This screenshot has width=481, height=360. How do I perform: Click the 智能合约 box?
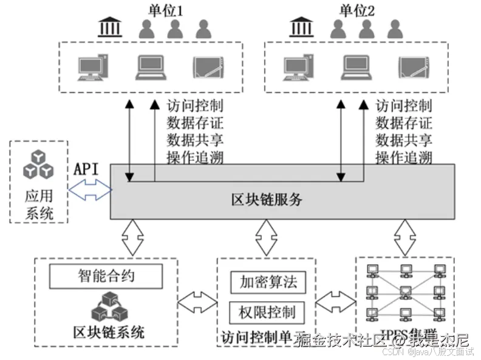[x=107, y=277]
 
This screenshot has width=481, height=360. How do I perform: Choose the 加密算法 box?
[x=267, y=282]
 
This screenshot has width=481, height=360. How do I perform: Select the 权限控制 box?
[x=267, y=312]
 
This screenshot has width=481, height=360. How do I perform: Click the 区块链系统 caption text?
[x=107, y=332]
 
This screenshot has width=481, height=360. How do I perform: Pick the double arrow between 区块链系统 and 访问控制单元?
[x=197, y=302]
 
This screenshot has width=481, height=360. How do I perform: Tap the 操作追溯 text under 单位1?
[x=195, y=158]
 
